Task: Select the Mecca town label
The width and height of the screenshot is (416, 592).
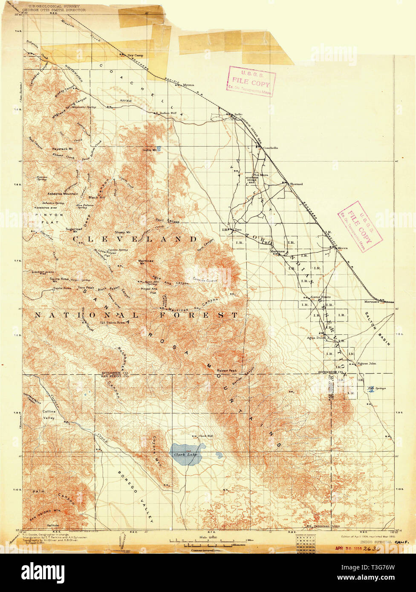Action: (343, 248)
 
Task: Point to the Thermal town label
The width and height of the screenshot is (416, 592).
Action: (296, 184)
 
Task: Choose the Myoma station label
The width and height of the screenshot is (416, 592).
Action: (188, 85)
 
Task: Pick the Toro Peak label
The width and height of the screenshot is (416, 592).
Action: (86, 287)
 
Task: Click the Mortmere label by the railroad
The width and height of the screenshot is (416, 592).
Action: (371, 302)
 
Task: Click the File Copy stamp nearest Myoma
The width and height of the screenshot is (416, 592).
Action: (251, 81)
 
